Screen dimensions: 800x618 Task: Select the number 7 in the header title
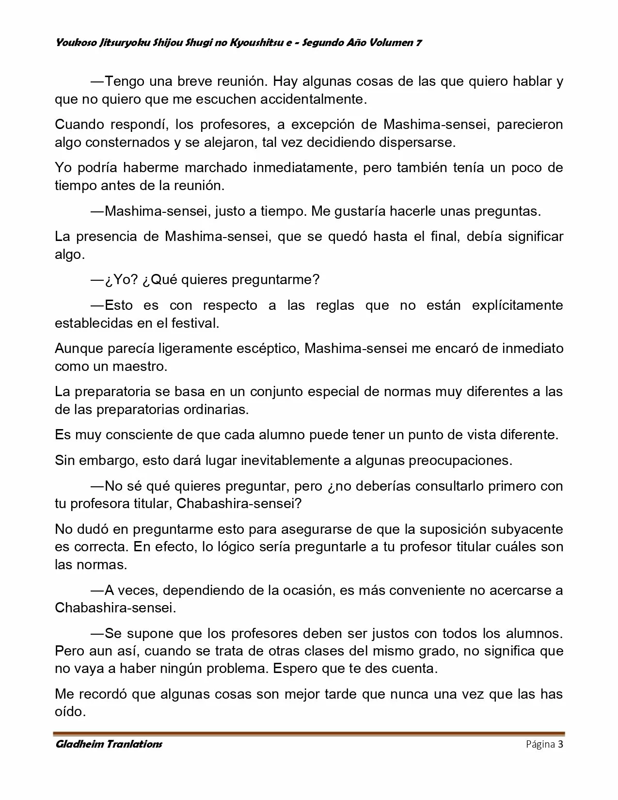coord(418,43)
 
